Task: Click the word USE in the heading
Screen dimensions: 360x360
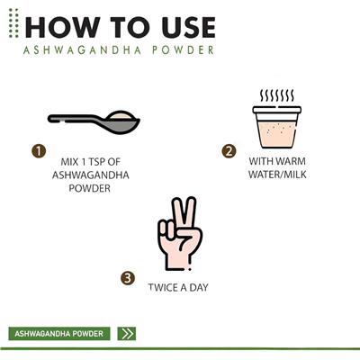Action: (189, 28)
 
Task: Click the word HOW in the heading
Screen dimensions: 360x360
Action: (62, 28)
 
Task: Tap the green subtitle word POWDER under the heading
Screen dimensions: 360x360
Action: (183, 49)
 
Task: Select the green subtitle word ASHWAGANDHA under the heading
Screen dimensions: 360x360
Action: (82, 49)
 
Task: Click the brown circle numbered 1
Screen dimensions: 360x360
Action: (39, 151)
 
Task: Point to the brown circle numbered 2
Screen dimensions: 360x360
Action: (229, 151)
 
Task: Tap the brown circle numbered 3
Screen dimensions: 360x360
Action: (128, 278)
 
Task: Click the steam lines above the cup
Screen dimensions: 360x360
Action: (277, 95)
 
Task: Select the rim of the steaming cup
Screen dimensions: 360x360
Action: (277, 110)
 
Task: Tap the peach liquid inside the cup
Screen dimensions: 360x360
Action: (276, 133)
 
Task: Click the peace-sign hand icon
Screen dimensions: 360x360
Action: (180, 233)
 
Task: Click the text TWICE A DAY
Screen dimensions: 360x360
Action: (178, 287)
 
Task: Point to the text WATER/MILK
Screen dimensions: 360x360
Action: (277, 175)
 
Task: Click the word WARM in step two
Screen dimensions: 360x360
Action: (291, 161)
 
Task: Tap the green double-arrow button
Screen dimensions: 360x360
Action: (127, 334)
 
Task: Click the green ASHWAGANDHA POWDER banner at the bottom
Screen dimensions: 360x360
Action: (59, 334)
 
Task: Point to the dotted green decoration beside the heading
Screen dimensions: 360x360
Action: (13, 23)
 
